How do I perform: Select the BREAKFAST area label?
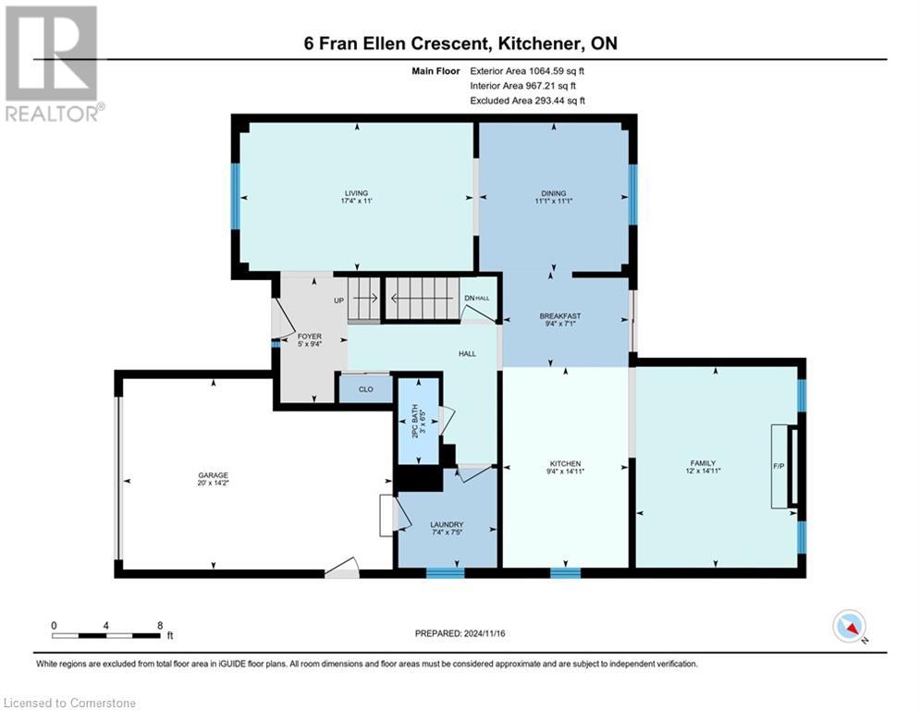(560, 316)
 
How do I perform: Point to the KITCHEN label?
(565, 463)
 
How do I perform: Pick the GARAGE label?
(213, 475)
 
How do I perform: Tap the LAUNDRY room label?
(446, 525)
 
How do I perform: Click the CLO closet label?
(365, 389)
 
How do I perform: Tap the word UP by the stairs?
(338, 300)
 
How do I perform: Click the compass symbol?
(848, 626)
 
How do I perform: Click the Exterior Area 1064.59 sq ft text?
(527, 70)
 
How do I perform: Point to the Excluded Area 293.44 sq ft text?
(528, 100)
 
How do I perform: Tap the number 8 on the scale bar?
(160, 625)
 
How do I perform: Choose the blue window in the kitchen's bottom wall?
(565, 573)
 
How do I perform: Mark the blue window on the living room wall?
(235, 190)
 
